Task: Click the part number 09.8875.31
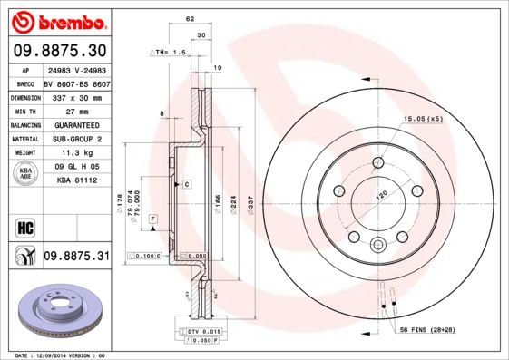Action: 76,257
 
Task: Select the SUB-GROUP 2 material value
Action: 76,139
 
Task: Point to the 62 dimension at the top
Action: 190,18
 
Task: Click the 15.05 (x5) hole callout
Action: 422,117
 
